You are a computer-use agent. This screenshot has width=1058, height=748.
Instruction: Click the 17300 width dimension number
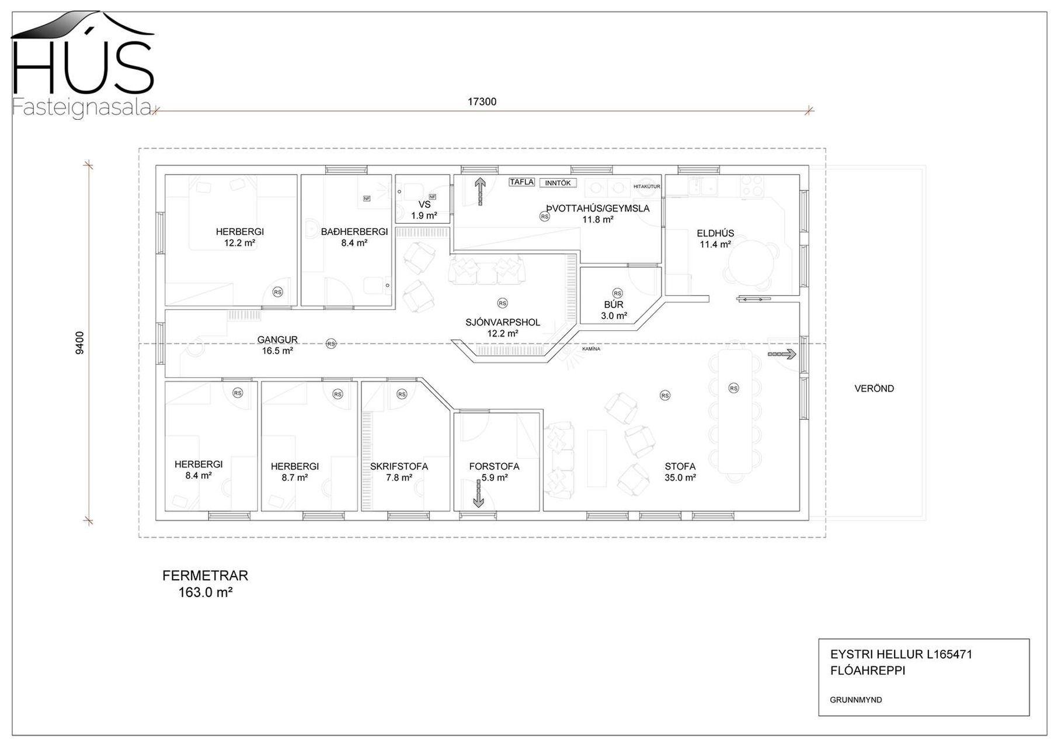point(482,102)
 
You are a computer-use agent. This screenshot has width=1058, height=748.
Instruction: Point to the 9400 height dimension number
point(80,342)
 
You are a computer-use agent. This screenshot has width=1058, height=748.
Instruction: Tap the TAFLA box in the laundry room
point(521,182)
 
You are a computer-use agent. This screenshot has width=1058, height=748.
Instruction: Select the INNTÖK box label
point(558,183)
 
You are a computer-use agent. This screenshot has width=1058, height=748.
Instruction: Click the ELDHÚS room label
point(715,233)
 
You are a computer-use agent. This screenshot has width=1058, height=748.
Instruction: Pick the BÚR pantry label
point(614,304)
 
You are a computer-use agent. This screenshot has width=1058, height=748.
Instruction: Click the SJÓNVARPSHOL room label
point(503,322)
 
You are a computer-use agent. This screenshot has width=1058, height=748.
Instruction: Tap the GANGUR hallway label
point(277,340)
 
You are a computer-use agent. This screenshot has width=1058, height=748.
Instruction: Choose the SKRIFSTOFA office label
point(399,466)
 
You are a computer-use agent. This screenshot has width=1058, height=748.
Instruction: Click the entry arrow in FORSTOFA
point(478,493)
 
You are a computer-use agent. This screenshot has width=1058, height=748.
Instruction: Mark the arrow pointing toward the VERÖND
point(782,354)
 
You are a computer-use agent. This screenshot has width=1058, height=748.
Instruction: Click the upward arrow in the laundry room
point(480,192)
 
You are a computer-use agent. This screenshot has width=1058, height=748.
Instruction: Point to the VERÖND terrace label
point(874,388)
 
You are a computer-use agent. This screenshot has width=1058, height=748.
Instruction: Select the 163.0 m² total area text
point(206,592)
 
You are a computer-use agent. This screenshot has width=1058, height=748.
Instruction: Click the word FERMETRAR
point(205,576)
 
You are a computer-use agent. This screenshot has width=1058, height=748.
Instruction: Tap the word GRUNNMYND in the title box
point(856,699)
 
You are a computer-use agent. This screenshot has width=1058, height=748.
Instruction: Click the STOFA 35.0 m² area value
point(680,477)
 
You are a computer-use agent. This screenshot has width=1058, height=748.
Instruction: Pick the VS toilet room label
point(424,205)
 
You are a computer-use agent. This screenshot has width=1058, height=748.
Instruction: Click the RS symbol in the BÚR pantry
point(617,293)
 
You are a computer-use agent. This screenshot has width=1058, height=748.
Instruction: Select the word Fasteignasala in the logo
point(82,108)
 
